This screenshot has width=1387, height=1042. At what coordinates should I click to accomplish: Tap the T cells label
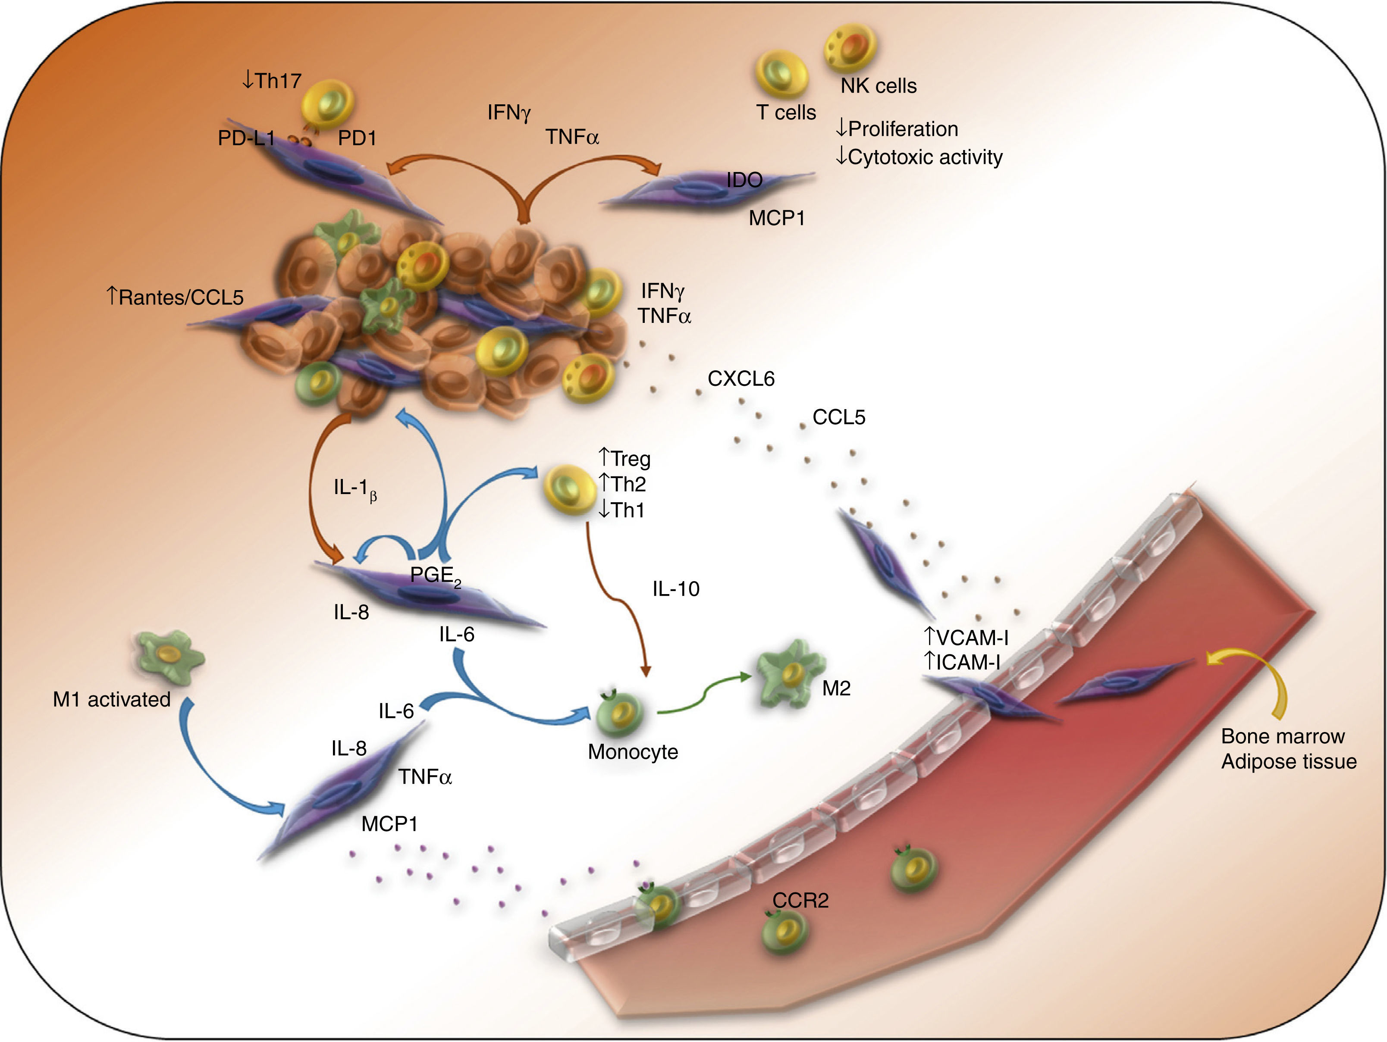tap(786, 113)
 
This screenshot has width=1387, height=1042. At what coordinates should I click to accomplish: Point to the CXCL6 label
tap(741, 379)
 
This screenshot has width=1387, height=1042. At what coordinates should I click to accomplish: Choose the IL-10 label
tap(676, 589)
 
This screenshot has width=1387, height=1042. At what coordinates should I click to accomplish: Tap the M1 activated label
tap(112, 699)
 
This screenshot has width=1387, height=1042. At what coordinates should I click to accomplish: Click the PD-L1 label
tap(246, 138)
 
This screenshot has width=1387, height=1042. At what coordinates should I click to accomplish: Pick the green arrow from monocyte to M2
tap(702, 696)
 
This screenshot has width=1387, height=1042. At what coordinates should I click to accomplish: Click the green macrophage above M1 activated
tap(170, 657)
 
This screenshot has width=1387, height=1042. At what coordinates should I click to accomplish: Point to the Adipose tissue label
tap(1289, 762)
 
